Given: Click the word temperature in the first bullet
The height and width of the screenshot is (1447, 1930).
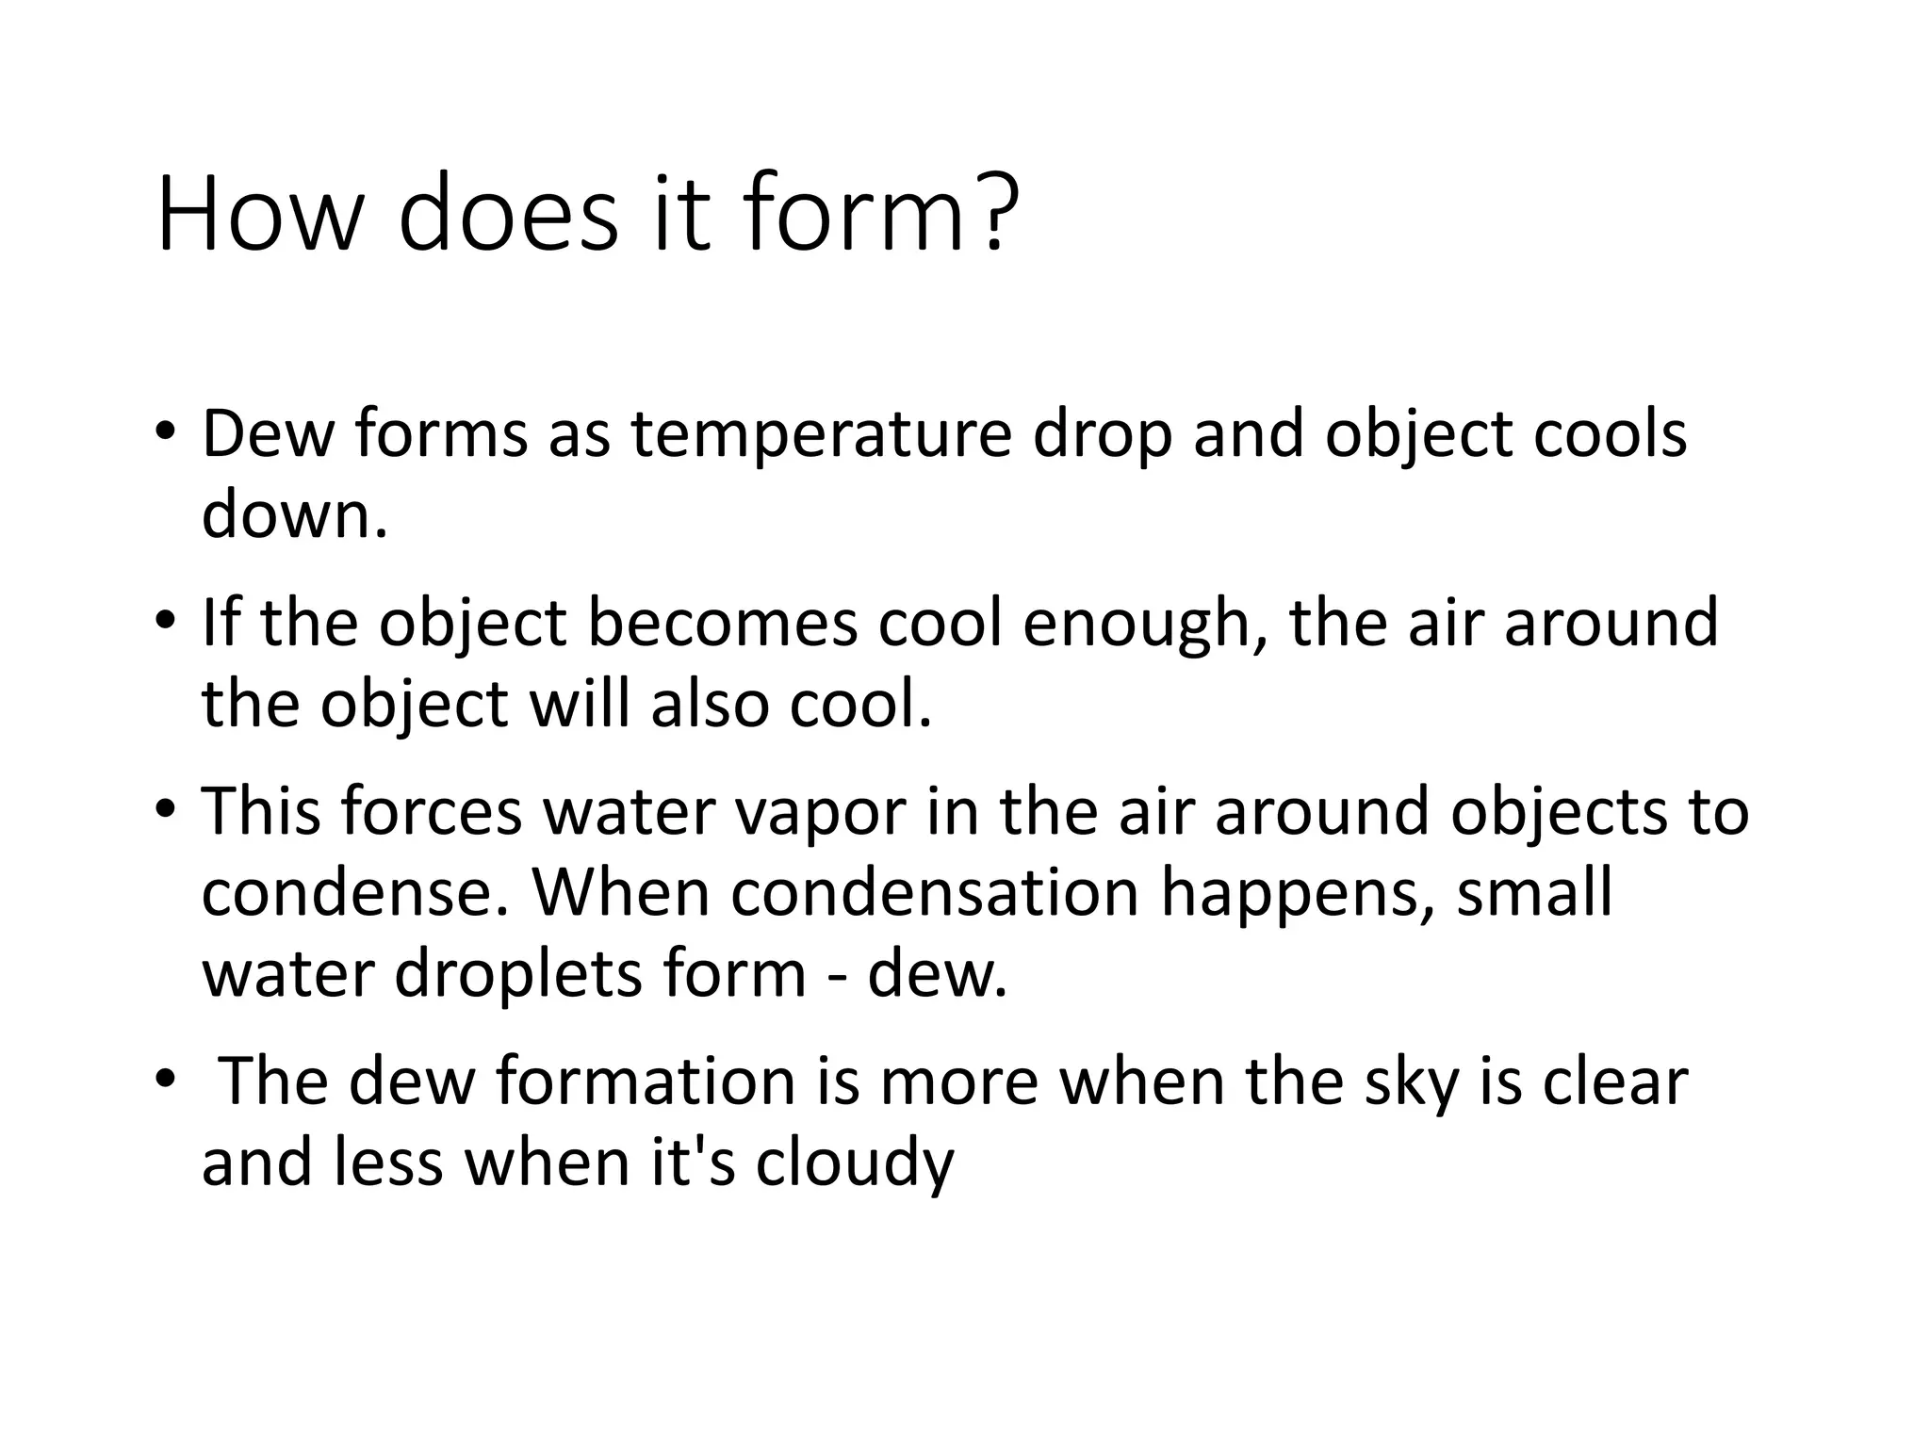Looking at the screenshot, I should [x=820, y=434].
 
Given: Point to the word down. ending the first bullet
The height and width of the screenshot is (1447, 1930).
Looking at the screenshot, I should [x=295, y=515].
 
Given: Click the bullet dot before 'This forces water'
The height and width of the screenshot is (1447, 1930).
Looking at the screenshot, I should [x=166, y=809].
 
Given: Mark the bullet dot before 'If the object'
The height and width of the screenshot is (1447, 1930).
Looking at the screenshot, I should [x=166, y=621].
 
